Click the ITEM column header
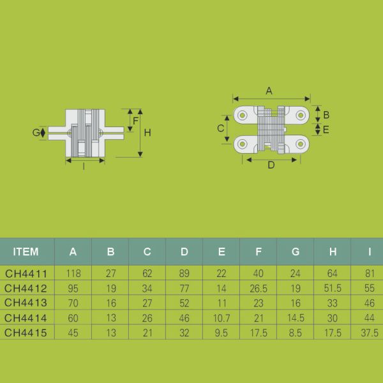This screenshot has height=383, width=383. (x=26, y=252)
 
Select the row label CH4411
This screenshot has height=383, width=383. (x=26, y=273)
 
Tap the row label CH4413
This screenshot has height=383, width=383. (x=26, y=303)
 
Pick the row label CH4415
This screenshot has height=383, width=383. (x=26, y=333)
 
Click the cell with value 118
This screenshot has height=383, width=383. (x=73, y=273)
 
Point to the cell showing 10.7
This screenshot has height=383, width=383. (x=222, y=317)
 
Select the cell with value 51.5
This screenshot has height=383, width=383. (x=333, y=288)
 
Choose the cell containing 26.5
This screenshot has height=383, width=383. (x=259, y=288)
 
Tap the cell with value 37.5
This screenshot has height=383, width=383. (x=369, y=333)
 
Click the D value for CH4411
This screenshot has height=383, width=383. (x=184, y=273)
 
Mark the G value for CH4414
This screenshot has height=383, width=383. (x=296, y=317)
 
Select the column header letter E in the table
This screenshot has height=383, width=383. (x=222, y=252)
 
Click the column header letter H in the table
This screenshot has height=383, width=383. (x=333, y=252)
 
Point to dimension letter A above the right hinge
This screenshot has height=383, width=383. (x=269, y=91)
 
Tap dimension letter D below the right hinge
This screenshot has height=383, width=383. (x=271, y=165)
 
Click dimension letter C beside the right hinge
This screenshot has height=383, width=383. (x=220, y=128)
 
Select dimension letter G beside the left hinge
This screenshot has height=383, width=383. (x=36, y=133)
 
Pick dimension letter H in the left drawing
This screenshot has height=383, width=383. (x=147, y=133)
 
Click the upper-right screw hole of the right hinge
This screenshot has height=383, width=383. (x=301, y=115)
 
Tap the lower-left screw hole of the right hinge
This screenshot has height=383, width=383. (x=243, y=144)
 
